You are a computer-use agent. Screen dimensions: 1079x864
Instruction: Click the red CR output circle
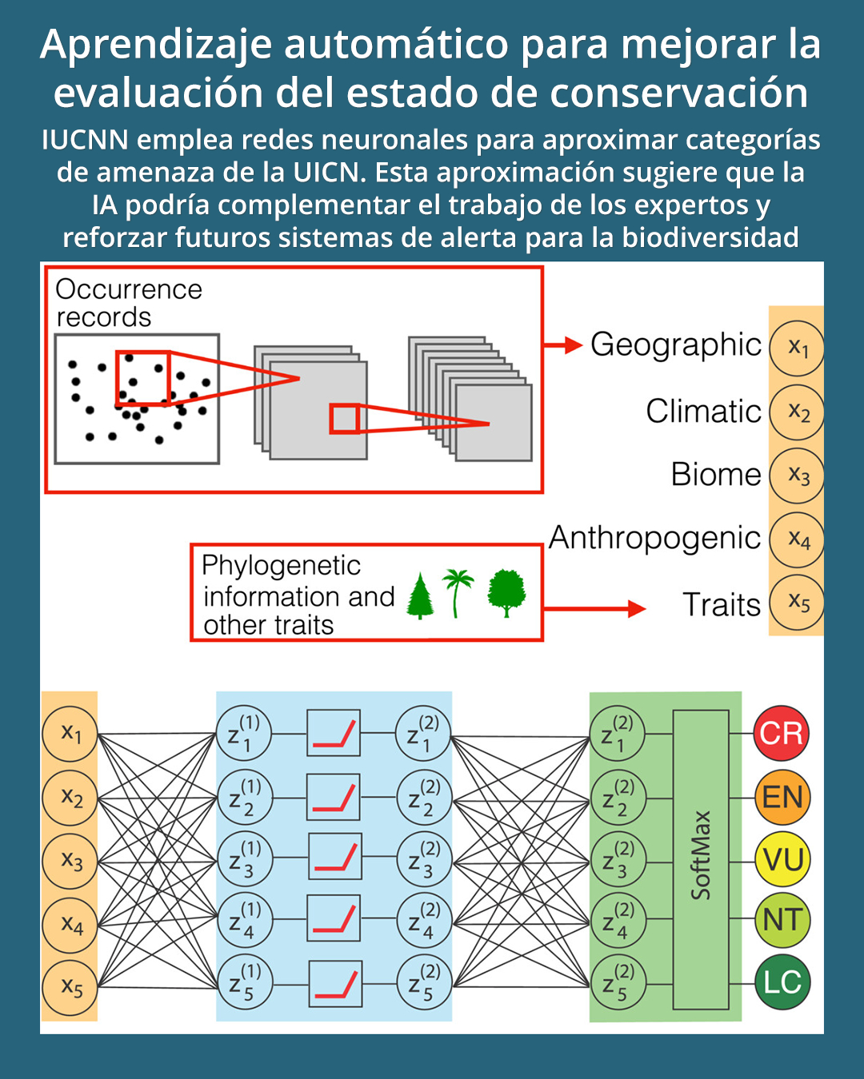(781, 733)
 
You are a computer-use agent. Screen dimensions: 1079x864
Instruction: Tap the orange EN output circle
(782, 797)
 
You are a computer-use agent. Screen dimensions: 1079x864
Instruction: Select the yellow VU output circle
(782, 859)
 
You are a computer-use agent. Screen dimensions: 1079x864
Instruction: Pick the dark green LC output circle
(782, 982)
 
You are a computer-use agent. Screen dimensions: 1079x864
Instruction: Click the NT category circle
(782, 920)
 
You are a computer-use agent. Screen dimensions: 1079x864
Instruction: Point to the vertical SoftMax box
(701, 859)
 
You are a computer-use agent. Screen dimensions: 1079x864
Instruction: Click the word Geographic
(675, 344)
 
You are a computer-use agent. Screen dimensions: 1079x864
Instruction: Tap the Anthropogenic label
(654, 538)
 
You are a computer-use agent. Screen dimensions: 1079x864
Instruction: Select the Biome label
(716, 475)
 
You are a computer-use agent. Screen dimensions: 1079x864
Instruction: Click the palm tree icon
(458, 592)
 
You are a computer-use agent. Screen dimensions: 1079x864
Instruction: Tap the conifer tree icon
(420, 596)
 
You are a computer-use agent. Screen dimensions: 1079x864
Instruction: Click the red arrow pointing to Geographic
(563, 345)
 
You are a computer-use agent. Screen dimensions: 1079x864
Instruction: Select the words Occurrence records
(128, 303)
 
